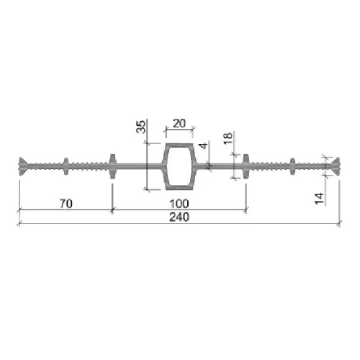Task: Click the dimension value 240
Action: coord(179,217)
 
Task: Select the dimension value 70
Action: coord(66,204)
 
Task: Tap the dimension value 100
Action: coord(179,204)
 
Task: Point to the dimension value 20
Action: coord(179,124)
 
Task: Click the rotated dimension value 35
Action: coord(141,127)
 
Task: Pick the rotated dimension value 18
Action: coord(228,138)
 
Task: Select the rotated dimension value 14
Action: coord(319,199)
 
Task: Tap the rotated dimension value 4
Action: coord(204,145)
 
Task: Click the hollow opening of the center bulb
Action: coord(179,166)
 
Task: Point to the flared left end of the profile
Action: coord(22,166)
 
